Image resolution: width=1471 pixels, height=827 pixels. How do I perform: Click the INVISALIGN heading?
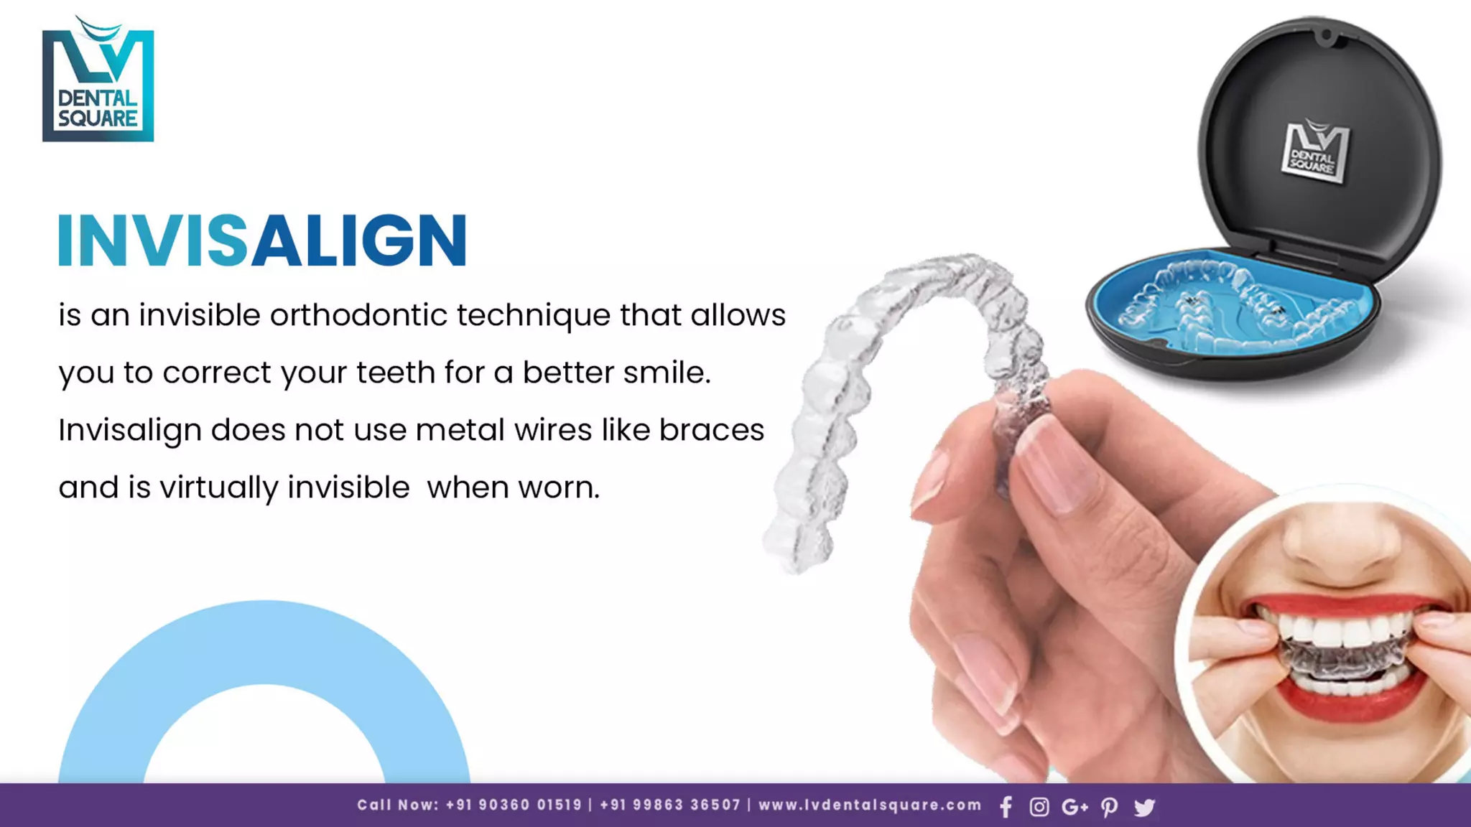(x=262, y=240)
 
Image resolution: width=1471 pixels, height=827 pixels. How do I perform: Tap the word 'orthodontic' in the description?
(x=358, y=315)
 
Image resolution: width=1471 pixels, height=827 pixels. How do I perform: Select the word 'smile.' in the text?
(x=666, y=373)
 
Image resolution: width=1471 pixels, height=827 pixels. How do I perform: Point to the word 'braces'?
(x=711, y=430)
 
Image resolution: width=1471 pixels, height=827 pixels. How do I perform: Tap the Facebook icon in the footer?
(x=1006, y=807)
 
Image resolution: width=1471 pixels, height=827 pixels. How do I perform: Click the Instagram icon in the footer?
(x=1039, y=807)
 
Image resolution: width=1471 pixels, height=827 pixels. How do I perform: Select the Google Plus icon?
(x=1075, y=807)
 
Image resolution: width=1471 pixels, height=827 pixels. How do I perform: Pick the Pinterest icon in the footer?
(x=1109, y=807)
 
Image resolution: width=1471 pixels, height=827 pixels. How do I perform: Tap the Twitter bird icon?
(x=1144, y=807)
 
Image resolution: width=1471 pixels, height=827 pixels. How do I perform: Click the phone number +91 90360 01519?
(x=514, y=805)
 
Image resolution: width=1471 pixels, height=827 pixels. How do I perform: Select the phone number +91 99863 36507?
(x=669, y=805)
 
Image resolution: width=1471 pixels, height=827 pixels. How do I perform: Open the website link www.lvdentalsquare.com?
(x=870, y=805)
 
